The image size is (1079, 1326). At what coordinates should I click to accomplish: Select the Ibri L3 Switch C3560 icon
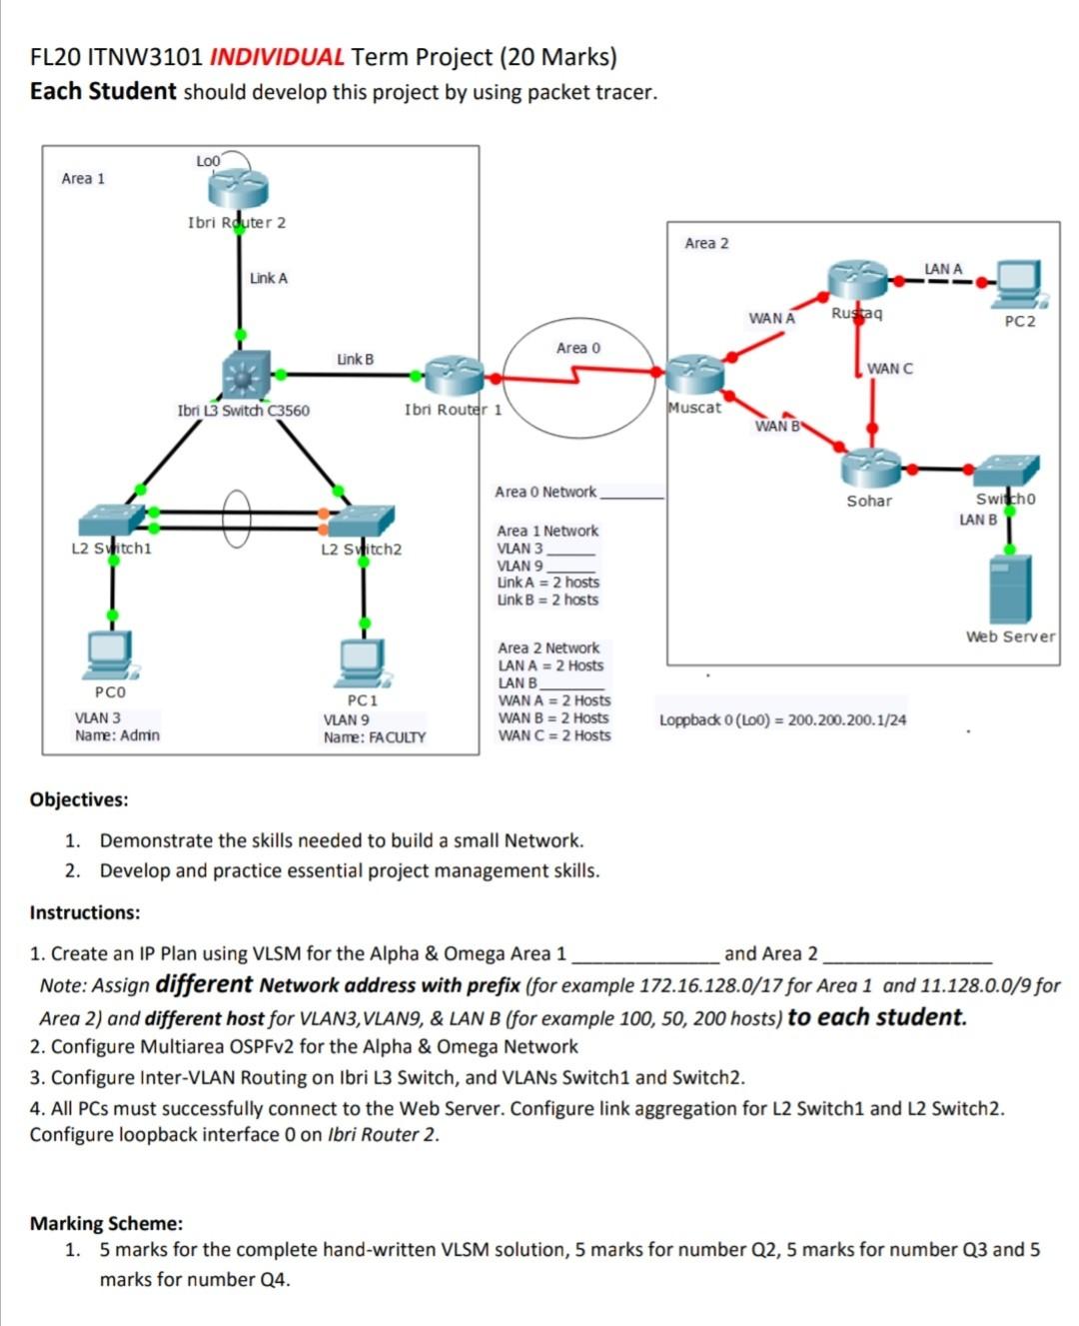click(x=246, y=375)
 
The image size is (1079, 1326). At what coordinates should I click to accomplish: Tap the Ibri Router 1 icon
click(x=454, y=377)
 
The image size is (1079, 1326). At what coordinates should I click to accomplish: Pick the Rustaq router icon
click(x=857, y=281)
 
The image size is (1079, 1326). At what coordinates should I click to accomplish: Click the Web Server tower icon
click(x=1010, y=589)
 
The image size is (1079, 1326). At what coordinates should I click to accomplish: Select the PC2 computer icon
click(x=1018, y=284)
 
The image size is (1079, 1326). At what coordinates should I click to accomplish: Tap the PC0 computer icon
click(x=110, y=653)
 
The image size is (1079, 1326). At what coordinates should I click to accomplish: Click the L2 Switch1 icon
click(x=112, y=520)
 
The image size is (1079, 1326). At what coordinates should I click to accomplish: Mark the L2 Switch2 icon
click(x=362, y=521)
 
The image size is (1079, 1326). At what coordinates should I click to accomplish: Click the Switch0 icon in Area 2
click(x=1006, y=470)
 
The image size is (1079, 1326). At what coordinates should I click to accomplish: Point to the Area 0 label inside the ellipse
click(x=578, y=348)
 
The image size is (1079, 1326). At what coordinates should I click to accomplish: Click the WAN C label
click(x=889, y=369)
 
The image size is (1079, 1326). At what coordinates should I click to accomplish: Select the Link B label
click(x=355, y=359)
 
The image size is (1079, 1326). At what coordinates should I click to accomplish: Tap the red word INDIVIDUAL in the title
click(x=277, y=57)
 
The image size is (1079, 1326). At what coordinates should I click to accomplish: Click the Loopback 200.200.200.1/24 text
click(x=782, y=719)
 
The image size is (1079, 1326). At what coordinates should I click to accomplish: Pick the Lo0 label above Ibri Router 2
click(x=207, y=161)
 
